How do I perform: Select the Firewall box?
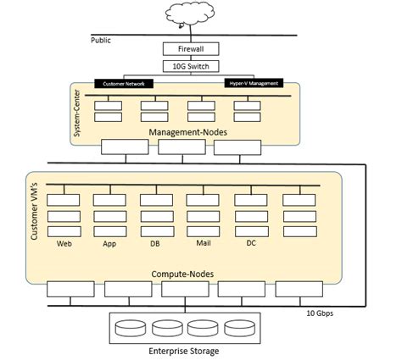pyautogui.click(x=191, y=49)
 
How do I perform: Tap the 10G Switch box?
pyautogui.click(x=191, y=66)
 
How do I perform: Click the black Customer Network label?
pyautogui.click(x=124, y=84)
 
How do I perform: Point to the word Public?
pyautogui.click(x=101, y=40)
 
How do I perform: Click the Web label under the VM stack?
pyautogui.click(x=62, y=243)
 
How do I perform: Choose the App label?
pyautogui.click(x=109, y=243)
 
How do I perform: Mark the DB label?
pyautogui.click(x=155, y=243)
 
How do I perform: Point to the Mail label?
pyautogui.click(x=203, y=243)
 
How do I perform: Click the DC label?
pyautogui.click(x=251, y=243)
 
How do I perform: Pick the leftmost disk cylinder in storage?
pyautogui.click(x=134, y=327)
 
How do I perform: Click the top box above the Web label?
pyautogui.click(x=63, y=201)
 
